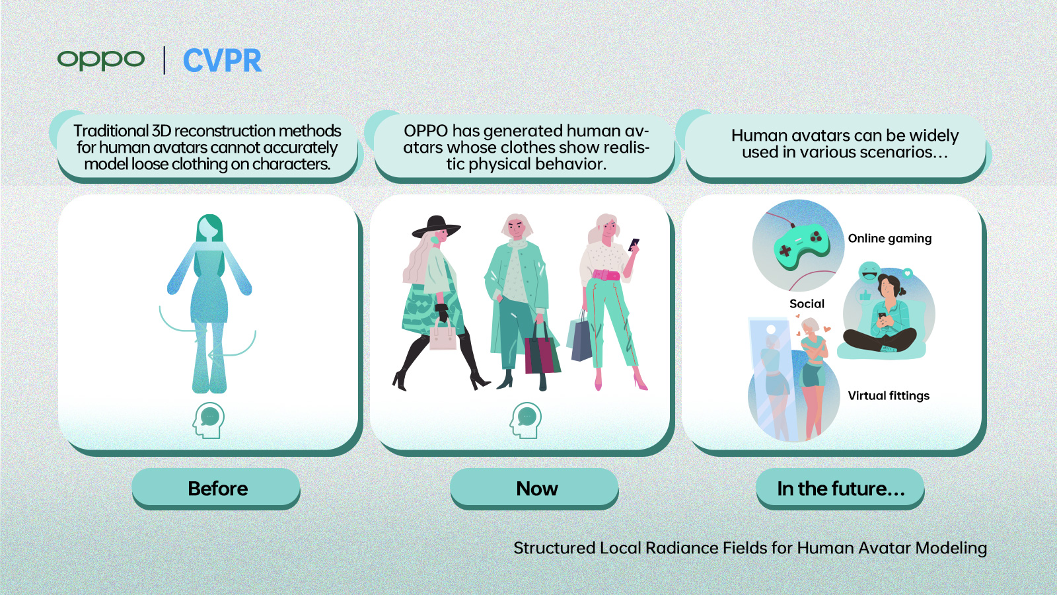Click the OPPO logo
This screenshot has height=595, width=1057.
point(100,59)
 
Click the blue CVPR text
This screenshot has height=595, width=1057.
point(222,61)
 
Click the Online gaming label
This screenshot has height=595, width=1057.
point(889,239)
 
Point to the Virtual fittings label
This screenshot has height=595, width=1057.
point(888,395)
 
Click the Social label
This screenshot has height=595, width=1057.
point(807,303)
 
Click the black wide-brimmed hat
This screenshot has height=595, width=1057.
point(436,227)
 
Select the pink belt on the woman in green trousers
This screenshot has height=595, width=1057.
point(606,274)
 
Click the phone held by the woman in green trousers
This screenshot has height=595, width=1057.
point(634,243)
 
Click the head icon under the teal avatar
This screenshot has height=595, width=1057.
point(209,420)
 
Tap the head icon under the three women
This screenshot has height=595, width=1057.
point(526,420)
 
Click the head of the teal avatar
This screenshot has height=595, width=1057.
point(209,228)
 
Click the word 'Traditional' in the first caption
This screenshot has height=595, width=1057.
point(111,131)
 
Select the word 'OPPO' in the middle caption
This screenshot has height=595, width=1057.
point(425,131)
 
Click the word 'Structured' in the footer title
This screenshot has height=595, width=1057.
point(554,548)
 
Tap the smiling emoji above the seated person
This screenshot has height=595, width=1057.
point(869,272)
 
